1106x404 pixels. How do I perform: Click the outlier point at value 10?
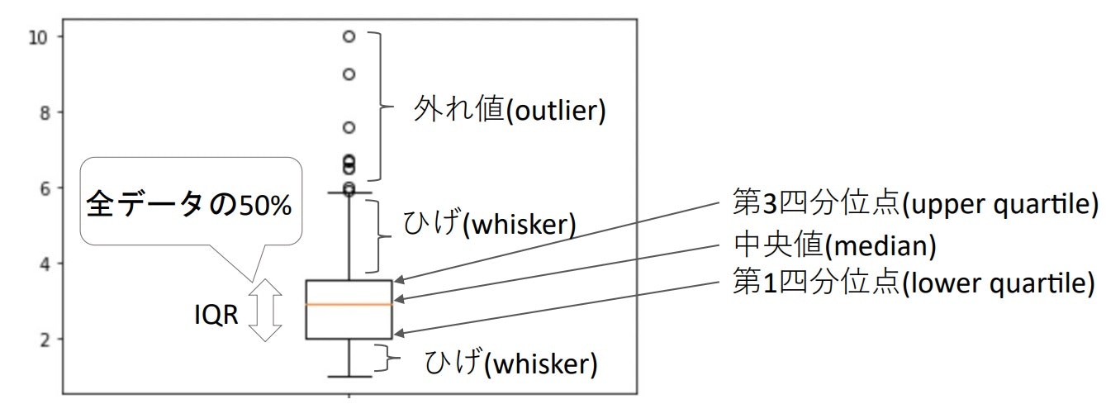tap(349, 36)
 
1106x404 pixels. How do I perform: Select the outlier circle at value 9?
tap(349, 74)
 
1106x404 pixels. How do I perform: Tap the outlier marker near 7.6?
tap(349, 127)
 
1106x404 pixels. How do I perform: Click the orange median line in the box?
tap(348, 305)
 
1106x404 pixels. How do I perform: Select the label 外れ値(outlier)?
tap(510, 110)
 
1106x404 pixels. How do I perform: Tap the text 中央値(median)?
tap(834, 244)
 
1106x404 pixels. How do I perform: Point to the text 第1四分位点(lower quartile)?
tap(914, 283)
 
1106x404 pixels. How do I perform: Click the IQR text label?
tap(216, 315)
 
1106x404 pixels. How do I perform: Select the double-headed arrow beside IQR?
tap(265, 310)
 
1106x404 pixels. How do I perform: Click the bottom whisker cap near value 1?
tap(349, 377)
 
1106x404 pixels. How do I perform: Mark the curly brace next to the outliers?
tap(378, 107)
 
